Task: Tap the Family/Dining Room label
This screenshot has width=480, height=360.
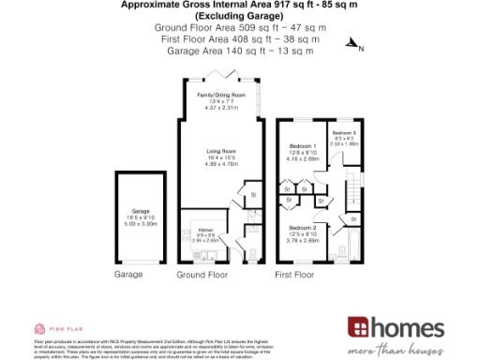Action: [220, 96]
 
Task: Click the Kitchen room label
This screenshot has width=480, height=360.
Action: [205, 229]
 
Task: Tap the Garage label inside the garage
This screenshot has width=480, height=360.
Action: [141, 212]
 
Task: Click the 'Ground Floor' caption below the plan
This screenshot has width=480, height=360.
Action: [202, 276]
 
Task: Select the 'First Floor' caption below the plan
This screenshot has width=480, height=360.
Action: [295, 276]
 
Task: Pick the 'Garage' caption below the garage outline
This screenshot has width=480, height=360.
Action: [127, 276]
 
